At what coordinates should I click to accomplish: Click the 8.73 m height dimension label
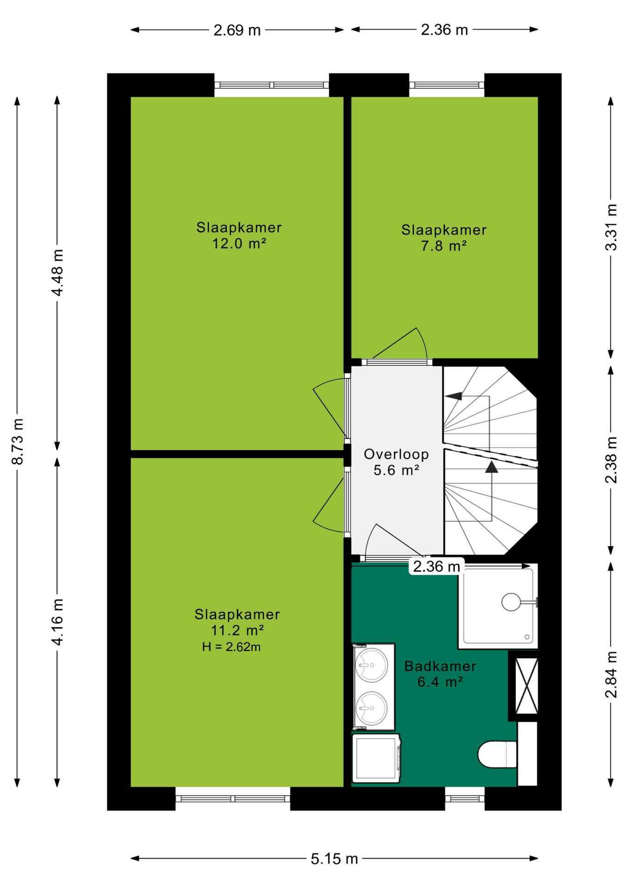[x=18, y=441]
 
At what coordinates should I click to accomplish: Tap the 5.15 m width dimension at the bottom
[x=334, y=859]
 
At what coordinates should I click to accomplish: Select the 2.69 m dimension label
[x=237, y=30]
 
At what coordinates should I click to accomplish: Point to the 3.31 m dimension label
[x=611, y=227]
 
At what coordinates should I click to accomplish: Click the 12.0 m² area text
[x=239, y=243]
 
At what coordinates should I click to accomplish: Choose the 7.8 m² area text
[x=443, y=246]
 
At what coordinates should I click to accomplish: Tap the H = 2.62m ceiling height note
[x=231, y=647]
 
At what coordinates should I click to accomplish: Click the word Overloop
[x=396, y=454]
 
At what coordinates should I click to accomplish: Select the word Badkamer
[x=440, y=666]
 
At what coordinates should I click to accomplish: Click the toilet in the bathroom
[x=497, y=754]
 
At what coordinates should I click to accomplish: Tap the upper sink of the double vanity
[x=371, y=665]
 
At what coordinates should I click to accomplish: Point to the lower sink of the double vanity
[x=371, y=708]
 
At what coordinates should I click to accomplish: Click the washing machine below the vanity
[x=376, y=758]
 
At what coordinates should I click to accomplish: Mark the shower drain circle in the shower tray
[x=511, y=602]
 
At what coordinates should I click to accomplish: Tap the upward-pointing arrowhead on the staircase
[x=492, y=467]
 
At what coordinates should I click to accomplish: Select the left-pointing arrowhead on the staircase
[x=454, y=396]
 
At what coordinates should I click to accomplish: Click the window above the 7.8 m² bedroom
[x=447, y=85]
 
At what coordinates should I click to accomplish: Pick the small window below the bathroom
[x=465, y=798]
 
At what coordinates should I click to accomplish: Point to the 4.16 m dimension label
[x=57, y=622]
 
